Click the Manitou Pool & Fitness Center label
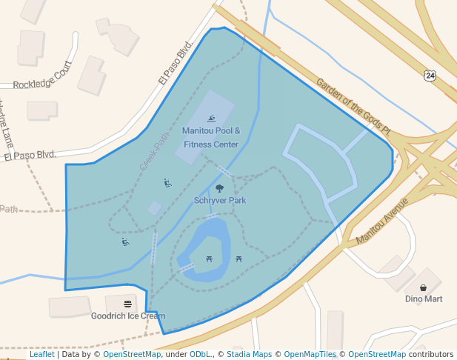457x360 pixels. pyautogui.click(x=211, y=138)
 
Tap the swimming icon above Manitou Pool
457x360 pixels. pyautogui.click(x=211, y=119)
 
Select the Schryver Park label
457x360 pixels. pyautogui.click(x=220, y=200)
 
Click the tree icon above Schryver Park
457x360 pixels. pyautogui.click(x=219, y=188)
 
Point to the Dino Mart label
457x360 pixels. pyautogui.click(x=424, y=299)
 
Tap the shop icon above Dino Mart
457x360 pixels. pyautogui.click(x=423, y=287)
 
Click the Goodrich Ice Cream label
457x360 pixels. pyautogui.click(x=128, y=316)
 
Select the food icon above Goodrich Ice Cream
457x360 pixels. pyautogui.click(x=128, y=304)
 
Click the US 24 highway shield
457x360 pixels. pyautogui.click(x=430, y=76)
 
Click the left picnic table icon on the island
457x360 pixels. pyautogui.click(x=210, y=259)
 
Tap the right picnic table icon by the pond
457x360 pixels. pyautogui.click(x=238, y=259)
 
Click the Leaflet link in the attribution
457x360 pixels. pyautogui.click(x=41, y=355)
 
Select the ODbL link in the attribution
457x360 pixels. pyautogui.click(x=200, y=355)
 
